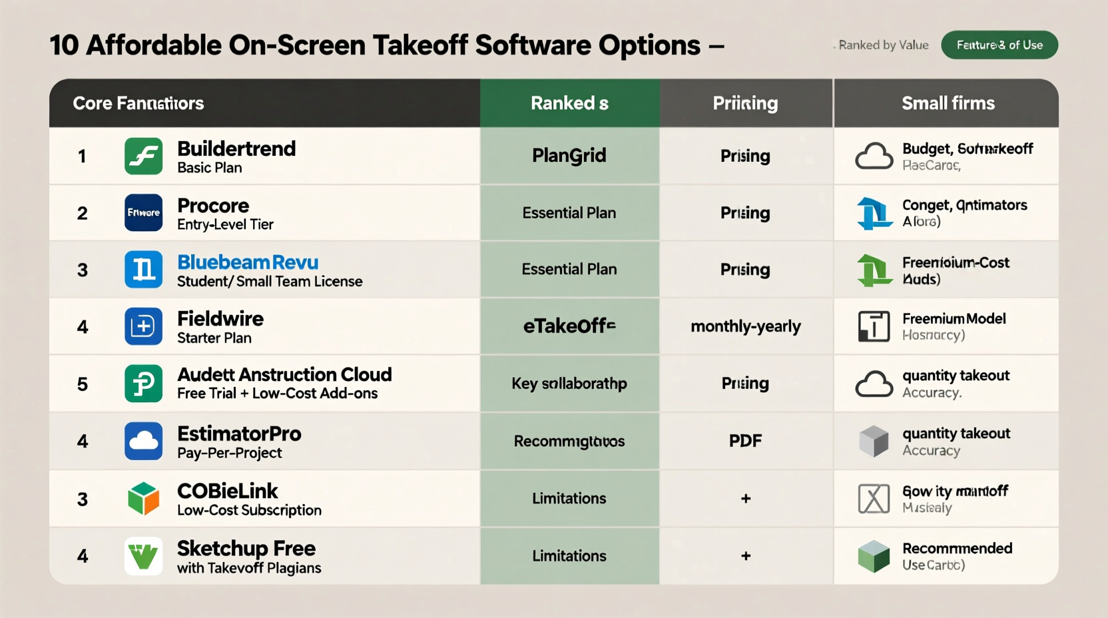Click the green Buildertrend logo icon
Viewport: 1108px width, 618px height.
tap(143, 156)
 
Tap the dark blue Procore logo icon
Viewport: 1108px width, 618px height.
tap(143, 212)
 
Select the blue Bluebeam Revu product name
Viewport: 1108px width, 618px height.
tap(248, 262)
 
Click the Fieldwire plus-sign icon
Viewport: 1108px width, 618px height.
tap(143, 326)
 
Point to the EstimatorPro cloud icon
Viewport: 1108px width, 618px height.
tap(143, 441)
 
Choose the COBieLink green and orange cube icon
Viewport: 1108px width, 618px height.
tap(143, 499)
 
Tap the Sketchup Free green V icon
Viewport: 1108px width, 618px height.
tap(143, 556)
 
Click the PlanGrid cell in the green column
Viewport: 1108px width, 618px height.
tap(569, 156)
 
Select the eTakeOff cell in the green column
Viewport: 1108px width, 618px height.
tap(569, 326)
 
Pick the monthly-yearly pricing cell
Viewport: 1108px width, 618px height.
tap(746, 326)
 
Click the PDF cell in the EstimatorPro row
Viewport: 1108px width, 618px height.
tap(746, 441)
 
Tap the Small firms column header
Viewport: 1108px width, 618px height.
tap(948, 103)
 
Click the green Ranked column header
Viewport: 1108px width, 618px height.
tap(569, 103)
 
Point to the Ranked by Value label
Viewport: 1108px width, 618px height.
tap(884, 45)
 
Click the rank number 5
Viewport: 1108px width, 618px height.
tap(83, 384)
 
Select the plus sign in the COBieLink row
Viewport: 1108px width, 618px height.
tap(746, 499)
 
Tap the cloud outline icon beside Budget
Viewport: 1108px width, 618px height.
tap(874, 156)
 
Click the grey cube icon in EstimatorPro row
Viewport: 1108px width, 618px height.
tap(874, 441)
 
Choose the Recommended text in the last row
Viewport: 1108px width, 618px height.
tap(957, 548)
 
